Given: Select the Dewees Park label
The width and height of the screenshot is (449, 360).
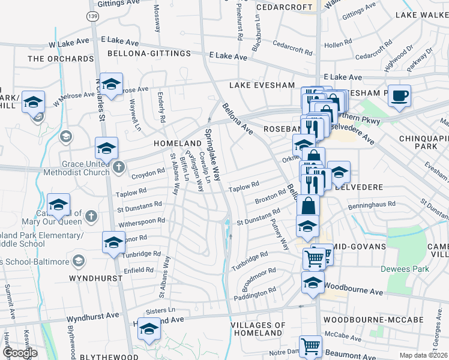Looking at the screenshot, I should [408, 269].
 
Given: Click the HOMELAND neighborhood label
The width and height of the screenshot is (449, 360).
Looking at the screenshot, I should [176, 144].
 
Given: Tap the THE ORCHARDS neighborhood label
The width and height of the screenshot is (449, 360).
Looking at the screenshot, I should [53, 59].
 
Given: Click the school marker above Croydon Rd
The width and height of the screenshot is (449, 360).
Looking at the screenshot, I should [106, 148].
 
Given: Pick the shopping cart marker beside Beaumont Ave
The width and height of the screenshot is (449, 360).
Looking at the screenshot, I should [310, 347].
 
